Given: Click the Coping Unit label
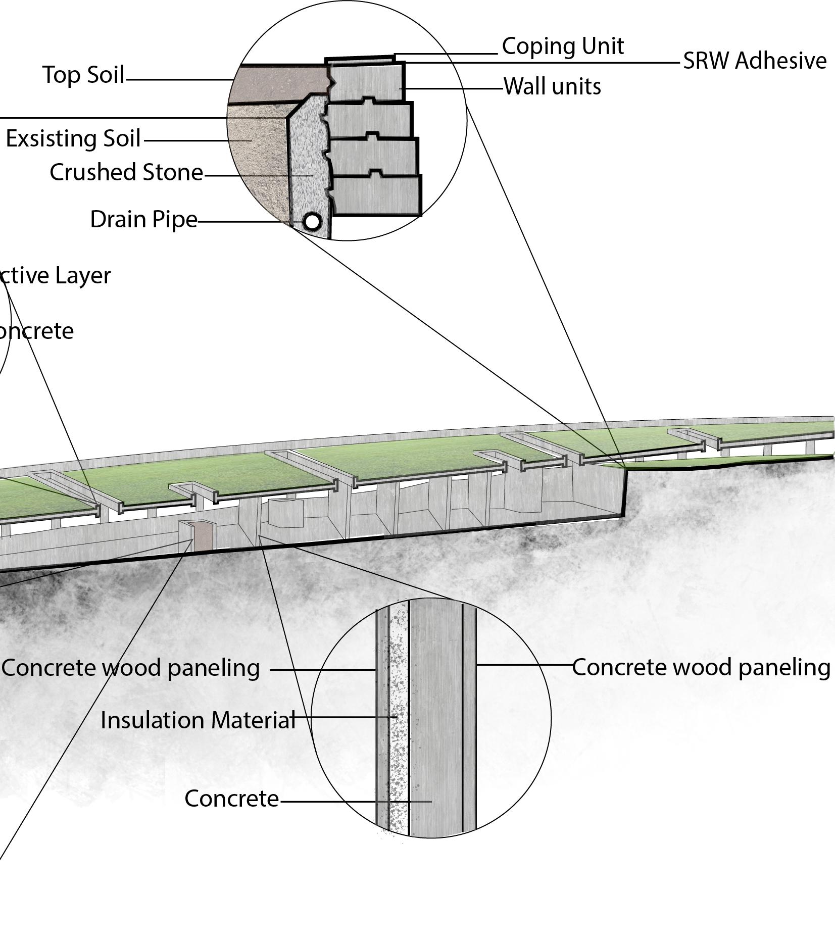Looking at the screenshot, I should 563,46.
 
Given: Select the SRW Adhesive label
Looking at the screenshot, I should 755,61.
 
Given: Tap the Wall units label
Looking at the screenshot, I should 552,87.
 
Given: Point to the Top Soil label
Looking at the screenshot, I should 83,75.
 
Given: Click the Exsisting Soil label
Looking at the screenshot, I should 73,139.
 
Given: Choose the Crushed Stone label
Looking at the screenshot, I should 126,173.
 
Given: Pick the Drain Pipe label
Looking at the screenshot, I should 143,220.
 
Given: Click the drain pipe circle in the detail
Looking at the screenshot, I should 312,221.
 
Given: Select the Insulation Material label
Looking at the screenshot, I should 198,720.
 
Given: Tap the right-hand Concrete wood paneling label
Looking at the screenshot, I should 701,668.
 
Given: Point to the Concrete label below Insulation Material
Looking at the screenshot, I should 231,799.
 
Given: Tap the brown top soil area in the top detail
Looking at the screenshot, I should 280,83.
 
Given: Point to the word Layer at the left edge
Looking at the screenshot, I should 83,276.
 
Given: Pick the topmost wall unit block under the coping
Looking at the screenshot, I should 366,82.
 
